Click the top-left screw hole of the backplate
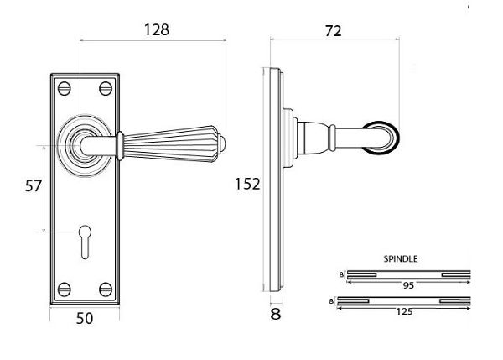pos(64,86)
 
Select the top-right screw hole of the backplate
pos(106,86)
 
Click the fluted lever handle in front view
pos(172,140)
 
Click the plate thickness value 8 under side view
pos(275,316)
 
